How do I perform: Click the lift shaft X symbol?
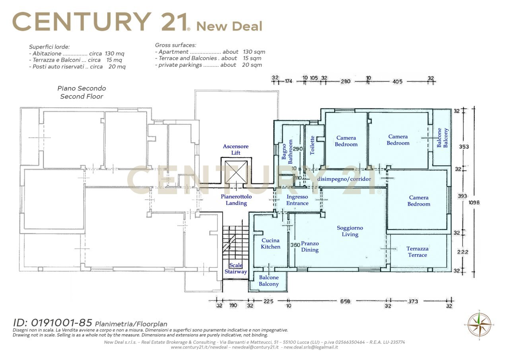[x=236, y=172]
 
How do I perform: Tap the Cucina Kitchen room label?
[x=270, y=243]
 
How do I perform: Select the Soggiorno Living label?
[x=350, y=231]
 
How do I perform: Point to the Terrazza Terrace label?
[x=418, y=252]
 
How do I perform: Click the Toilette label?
[x=312, y=146]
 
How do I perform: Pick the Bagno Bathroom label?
[x=287, y=152]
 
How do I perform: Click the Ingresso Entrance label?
[x=297, y=200]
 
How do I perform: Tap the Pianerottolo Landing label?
[x=236, y=200]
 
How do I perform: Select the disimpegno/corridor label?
[x=344, y=179]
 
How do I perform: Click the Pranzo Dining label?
[x=310, y=247]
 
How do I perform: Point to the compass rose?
[x=479, y=325]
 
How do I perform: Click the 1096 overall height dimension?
[x=474, y=202]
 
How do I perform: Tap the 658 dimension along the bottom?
[x=345, y=302]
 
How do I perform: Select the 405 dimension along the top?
[x=397, y=82]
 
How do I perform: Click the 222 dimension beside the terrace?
[x=462, y=252]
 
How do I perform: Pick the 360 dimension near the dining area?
[x=295, y=245]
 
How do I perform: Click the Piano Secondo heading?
[x=82, y=88]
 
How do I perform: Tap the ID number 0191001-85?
[x=61, y=323]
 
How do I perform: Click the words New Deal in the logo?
[x=229, y=26]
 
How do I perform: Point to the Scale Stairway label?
[x=236, y=269]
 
